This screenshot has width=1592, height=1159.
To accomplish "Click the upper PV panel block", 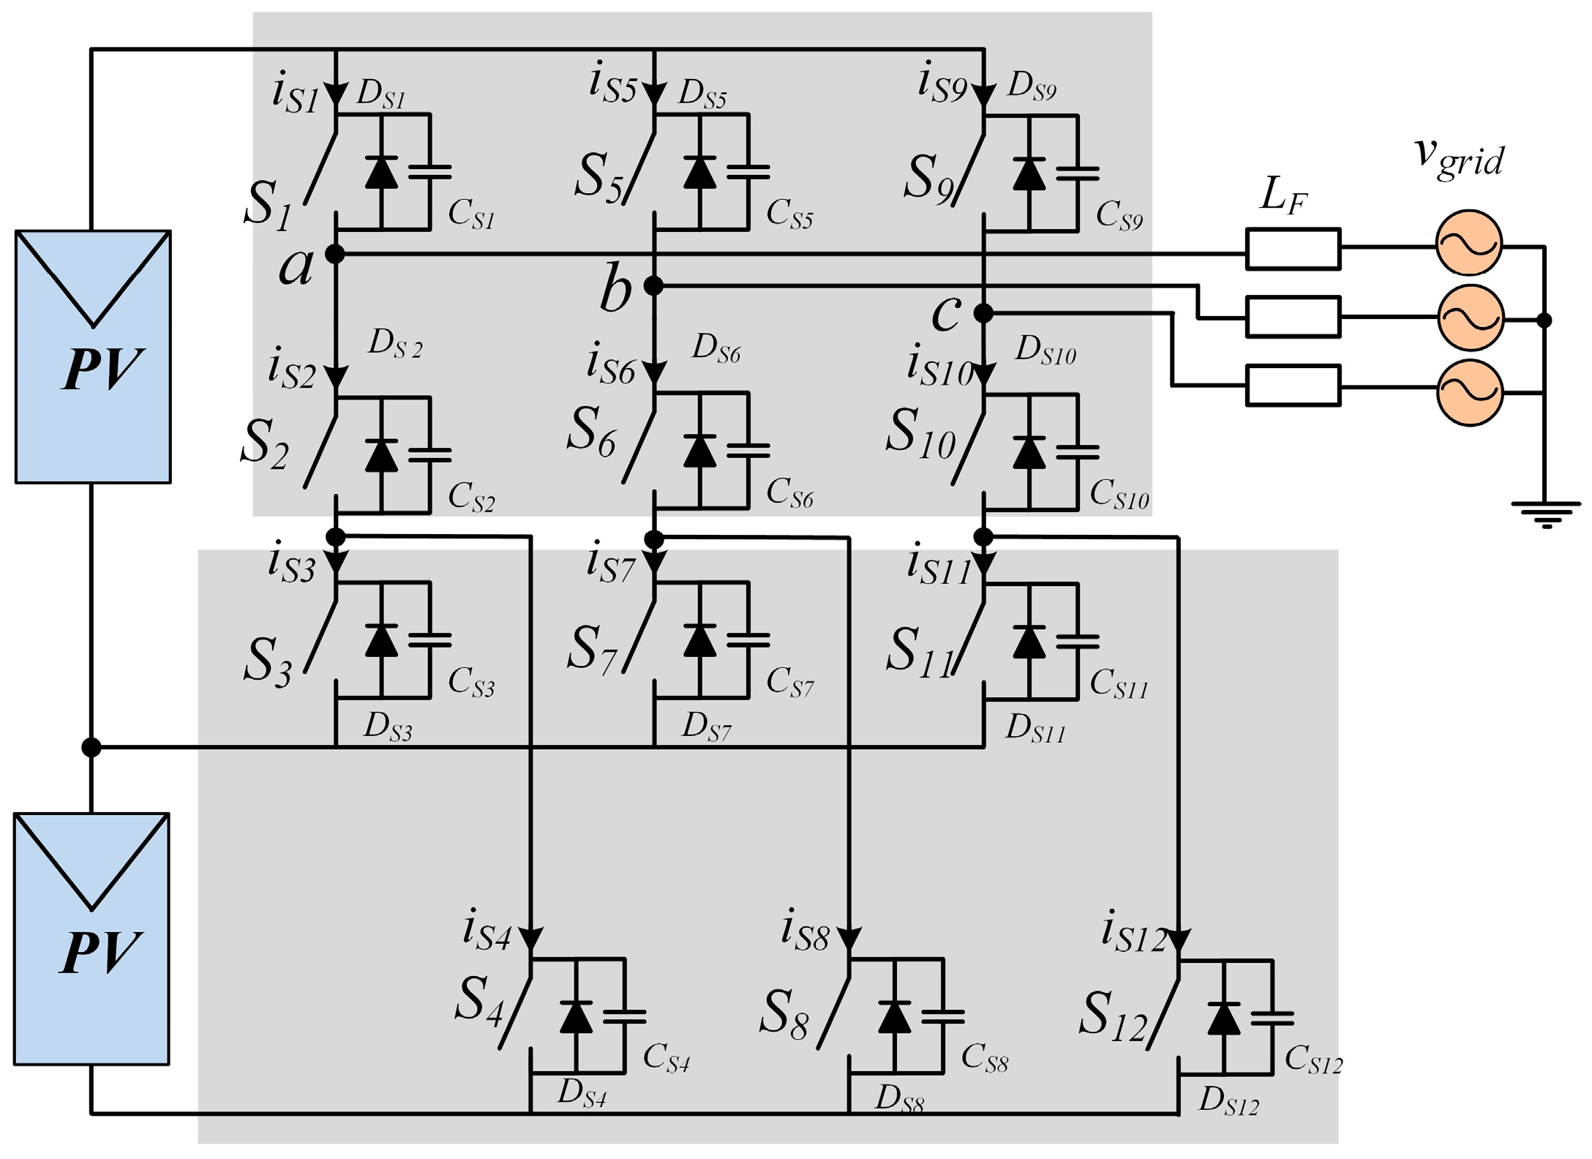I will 93,357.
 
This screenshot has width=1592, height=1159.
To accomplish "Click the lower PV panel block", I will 91,939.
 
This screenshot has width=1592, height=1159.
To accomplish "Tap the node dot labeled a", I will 334,254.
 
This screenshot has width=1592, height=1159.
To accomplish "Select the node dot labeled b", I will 653,286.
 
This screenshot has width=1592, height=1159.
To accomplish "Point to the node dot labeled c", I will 983,313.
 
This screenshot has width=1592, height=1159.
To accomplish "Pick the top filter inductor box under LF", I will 1293,249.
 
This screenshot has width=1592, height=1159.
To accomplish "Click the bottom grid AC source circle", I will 1470,393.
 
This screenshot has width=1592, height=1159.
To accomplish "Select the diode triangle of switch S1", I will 381,173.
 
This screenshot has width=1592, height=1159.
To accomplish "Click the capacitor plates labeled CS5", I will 748,172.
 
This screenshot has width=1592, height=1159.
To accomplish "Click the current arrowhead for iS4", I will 530,939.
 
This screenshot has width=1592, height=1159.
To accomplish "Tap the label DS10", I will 1045,350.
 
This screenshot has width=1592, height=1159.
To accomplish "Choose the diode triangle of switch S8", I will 894,1017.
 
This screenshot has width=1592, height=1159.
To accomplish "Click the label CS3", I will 470,682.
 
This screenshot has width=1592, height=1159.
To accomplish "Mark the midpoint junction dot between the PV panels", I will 91,747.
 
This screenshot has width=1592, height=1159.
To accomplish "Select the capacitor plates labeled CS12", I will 1272,1018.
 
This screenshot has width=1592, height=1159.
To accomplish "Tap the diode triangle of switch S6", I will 699,451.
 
